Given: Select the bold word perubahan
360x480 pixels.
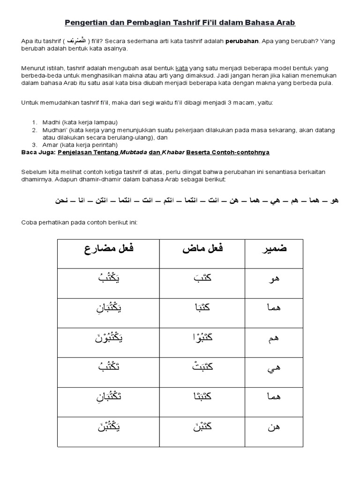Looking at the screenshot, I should (241, 41).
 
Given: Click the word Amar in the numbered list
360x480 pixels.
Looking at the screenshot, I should (50, 145).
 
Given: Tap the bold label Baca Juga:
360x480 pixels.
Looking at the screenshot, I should (38, 152).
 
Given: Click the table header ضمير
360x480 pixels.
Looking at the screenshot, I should (273, 248).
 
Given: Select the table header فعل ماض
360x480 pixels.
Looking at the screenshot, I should (203, 248).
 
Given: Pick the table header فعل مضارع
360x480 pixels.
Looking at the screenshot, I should (109, 248).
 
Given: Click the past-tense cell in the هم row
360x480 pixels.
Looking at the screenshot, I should (202, 337).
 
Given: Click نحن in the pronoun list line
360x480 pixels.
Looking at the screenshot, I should (62, 200).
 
